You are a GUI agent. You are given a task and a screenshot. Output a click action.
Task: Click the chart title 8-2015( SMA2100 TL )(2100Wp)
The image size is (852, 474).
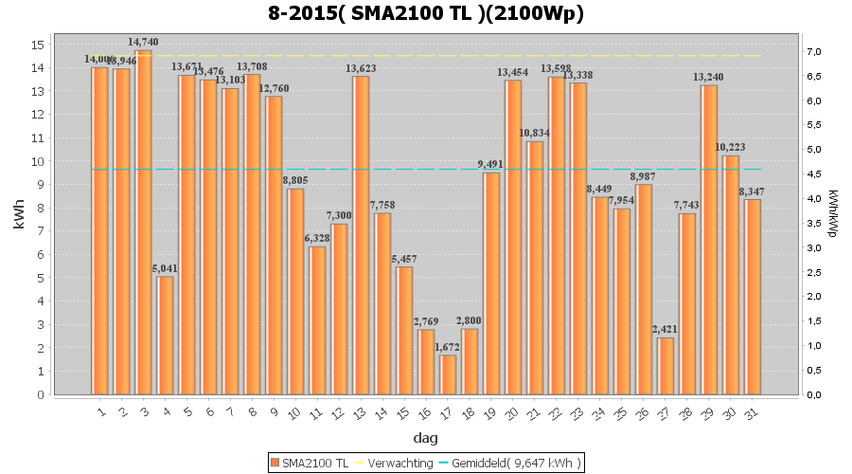click(425, 14)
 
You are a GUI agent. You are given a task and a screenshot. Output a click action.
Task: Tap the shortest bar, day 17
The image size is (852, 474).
click(448, 374)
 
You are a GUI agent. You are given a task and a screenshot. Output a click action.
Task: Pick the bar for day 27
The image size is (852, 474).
click(666, 366)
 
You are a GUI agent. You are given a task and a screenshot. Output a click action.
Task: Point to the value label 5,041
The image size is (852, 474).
click(166, 268)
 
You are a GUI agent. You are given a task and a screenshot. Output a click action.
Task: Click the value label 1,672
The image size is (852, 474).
click(448, 347)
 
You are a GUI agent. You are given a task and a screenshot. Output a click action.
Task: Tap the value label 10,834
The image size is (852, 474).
click(535, 133)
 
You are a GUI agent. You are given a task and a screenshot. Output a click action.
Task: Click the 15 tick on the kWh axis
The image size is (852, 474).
click(37, 45)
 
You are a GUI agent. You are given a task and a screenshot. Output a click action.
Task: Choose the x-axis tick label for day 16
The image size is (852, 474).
click(426, 412)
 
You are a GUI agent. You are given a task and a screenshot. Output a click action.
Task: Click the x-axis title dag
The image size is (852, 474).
click(425, 438)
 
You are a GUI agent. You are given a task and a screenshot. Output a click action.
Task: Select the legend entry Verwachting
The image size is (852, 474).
click(395, 463)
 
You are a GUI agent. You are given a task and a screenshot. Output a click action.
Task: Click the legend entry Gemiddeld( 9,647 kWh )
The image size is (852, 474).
click(516, 463)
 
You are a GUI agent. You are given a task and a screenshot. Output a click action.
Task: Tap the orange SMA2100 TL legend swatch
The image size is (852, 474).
click(275, 463)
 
